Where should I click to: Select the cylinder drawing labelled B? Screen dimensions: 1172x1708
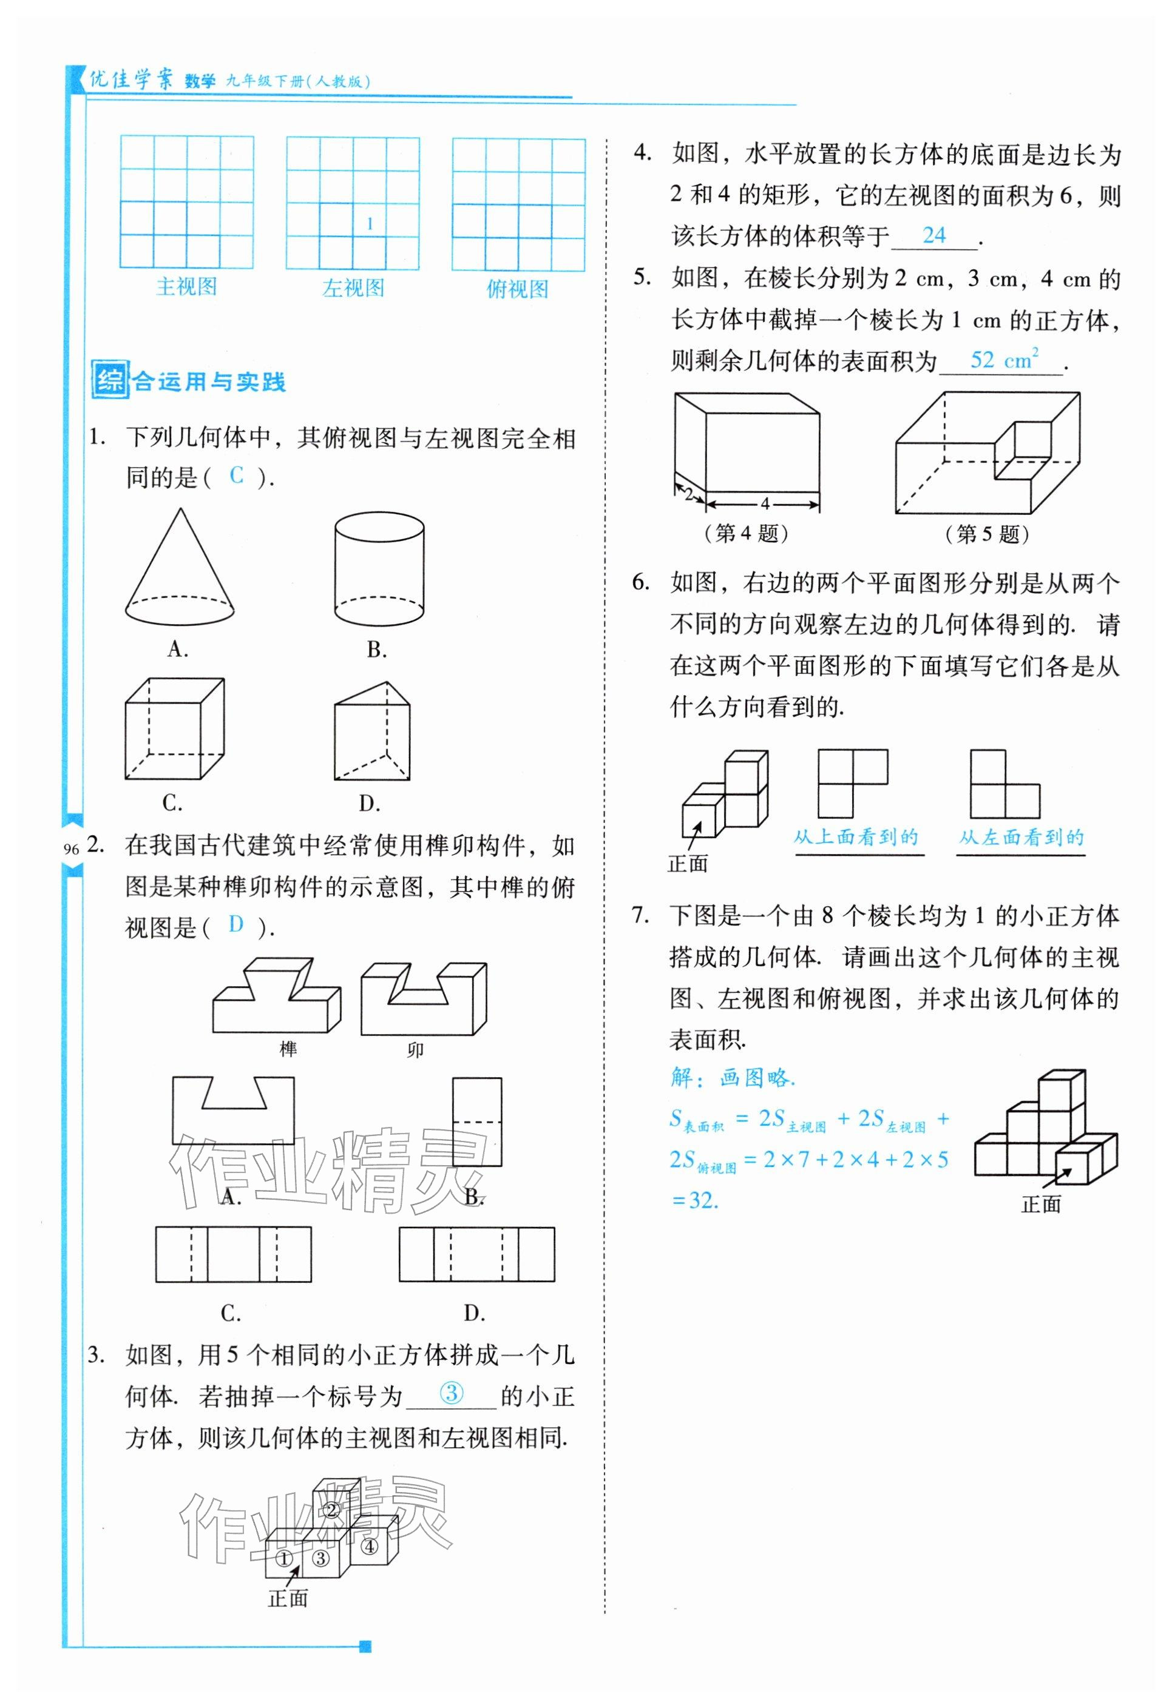point(379,570)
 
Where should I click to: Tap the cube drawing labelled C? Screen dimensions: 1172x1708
point(174,728)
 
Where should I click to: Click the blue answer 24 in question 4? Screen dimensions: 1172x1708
point(934,235)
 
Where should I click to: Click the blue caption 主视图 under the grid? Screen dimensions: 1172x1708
point(187,287)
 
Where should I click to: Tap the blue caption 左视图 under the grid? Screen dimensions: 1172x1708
point(353,288)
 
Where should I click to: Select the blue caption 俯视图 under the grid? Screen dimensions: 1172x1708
point(518,289)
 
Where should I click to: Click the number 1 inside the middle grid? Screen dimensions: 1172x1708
point(370,223)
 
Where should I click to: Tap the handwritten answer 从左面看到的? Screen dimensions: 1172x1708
point(1021,837)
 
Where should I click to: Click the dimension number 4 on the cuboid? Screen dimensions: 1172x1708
point(765,503)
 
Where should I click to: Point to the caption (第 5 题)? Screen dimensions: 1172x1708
point(987,534)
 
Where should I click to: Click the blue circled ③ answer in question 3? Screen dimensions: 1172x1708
point(452,1392)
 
